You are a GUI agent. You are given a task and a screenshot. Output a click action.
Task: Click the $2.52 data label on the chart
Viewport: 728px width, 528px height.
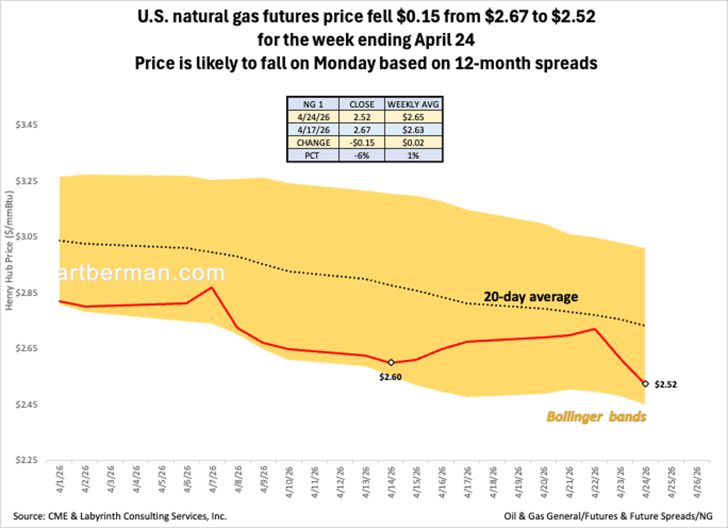(x=665, y=384)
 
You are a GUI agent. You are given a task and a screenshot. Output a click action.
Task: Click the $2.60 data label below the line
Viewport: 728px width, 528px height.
(x=391, y=377)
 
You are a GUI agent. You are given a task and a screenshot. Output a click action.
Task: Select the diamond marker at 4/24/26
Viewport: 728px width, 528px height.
(x=645, y=384)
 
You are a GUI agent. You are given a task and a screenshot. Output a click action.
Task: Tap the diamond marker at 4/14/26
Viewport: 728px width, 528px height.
(x=391, y=362)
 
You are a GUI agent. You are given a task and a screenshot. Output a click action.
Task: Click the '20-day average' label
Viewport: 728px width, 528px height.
(x=530, y=297)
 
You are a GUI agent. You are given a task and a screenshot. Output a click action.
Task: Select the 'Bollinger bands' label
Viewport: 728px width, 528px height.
(x=596, y=418)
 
